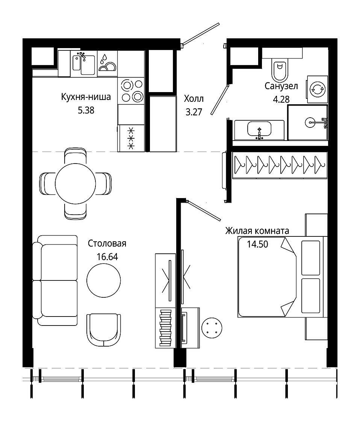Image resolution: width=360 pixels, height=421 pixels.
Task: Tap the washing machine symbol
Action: coord(317,89)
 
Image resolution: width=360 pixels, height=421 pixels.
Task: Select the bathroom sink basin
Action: coord(259,129)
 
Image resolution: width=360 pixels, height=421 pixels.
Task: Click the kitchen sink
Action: coord(84,64)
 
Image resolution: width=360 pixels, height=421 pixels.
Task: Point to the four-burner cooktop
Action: coord(131,91)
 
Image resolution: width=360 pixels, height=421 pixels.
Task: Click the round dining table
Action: coord(76,184)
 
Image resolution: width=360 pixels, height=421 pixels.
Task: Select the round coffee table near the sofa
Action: coord(104,280)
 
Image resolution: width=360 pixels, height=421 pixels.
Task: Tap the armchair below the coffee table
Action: coord(104,330)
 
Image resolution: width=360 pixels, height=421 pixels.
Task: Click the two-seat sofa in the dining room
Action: coord(55,280)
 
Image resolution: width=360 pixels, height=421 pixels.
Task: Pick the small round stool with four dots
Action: coord(212,328)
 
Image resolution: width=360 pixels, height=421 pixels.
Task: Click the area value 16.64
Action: coord(107,257)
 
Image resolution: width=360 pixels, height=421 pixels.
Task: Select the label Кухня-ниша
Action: coord(86,97)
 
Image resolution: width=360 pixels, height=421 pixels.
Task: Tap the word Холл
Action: coord(194,99)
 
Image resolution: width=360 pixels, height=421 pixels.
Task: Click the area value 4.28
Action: coord(281,100)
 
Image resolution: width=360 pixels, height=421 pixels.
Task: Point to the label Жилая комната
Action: coord(257,231)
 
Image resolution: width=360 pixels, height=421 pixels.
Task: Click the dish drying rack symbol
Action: coord(107,64)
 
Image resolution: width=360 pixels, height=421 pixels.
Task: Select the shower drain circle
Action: coord(310,123)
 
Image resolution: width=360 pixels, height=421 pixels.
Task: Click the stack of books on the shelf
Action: coord(165,328)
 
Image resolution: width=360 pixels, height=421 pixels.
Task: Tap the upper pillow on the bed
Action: coord(311,258)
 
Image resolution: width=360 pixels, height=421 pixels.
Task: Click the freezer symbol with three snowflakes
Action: coord(131,138)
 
